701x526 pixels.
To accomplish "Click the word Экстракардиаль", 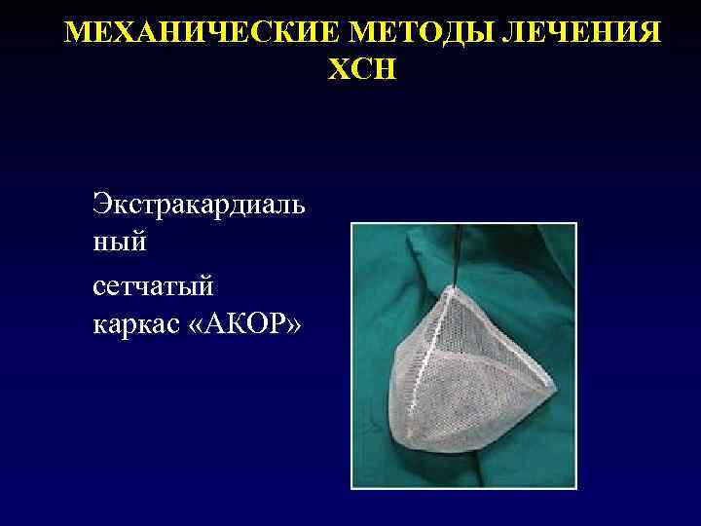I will (199, 206).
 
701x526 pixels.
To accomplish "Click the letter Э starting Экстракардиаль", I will (101, 206).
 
